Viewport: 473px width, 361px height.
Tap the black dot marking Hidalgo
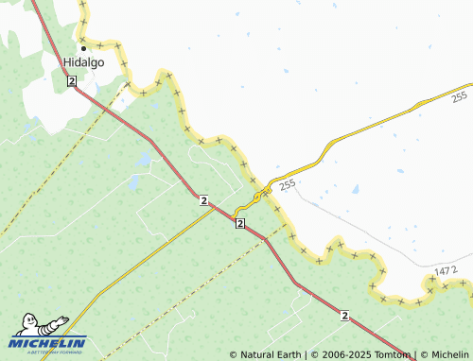click(82, 47)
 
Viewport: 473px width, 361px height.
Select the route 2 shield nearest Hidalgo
click(72, 82)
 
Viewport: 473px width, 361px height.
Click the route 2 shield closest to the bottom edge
click(344, 315)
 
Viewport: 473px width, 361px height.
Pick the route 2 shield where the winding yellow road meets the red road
click(240, 223)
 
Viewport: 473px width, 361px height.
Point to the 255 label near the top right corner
click(459, 96)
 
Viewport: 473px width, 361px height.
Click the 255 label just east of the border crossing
click(289, 184)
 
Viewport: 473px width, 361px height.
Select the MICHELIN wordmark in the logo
click(49, 343)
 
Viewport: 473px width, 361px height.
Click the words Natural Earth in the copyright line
click(271, 355)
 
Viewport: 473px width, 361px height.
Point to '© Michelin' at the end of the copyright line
click(444, 355)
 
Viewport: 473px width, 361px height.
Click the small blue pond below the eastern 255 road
click(356, 188)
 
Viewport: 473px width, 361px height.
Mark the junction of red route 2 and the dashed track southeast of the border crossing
click(264, 239)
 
